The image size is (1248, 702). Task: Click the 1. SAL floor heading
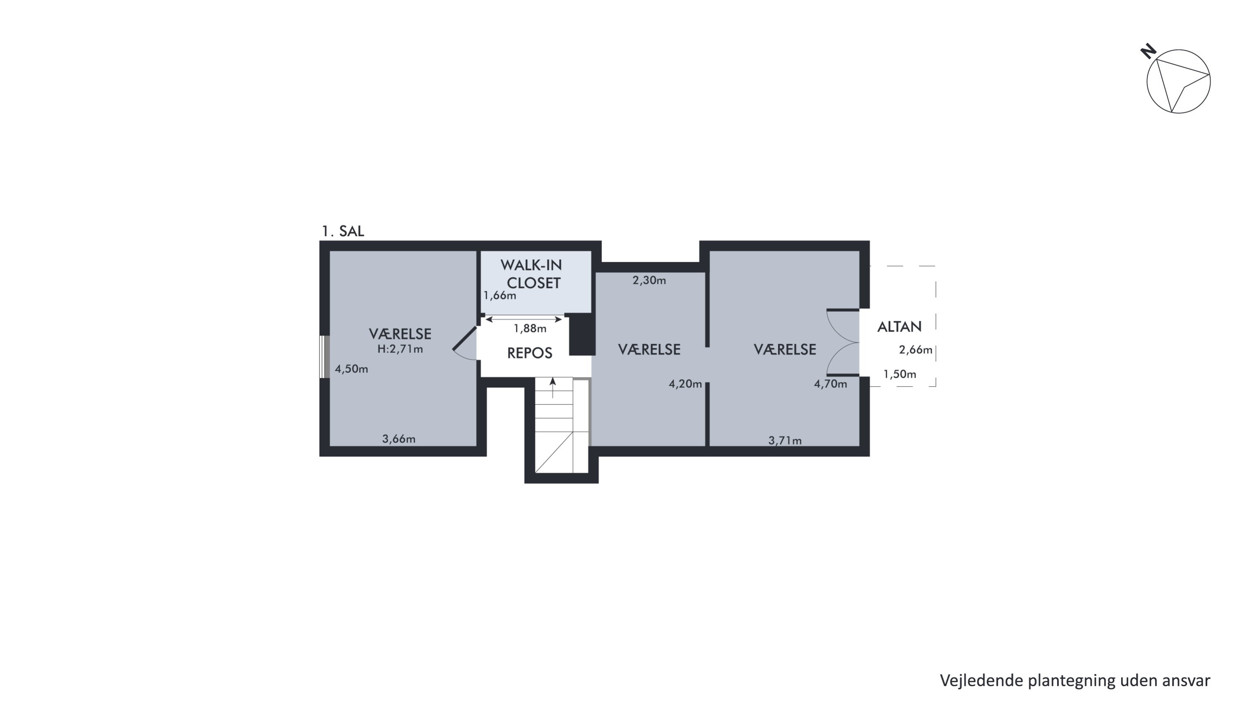pyautogui.click(x=342, y=231)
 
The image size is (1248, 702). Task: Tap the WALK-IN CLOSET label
pyautogui.click(x=532, y=274)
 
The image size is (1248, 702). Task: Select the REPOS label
pyautogui.click(x=530, y=353)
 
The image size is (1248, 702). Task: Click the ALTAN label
pyautogui.click(x=899, y=327)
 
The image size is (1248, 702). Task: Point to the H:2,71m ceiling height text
pyautogui.click(x=400, y=349)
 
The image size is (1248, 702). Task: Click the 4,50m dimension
pyautogui.click(x=351, y=369)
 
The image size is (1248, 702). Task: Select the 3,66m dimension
pyautogui.click(x=399, y=439)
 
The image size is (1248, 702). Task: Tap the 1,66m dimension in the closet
pyautogui.click(x=500, y=295)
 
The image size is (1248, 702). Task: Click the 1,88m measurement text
pyautogui.click(x=530, y=328)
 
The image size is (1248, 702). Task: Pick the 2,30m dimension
pyautogui.click(x=649, y=280)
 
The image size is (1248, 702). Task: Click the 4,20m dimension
pyautogui.click(x=685, y=384)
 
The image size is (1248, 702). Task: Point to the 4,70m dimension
pyautogui.click(x=830, y=384)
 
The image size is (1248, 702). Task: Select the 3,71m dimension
pyautogui.click(x=785, y=440)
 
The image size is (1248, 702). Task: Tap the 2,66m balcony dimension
pyautogui.click(x=916, y=350)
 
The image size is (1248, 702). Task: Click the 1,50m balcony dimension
pyautogui.click(x=900, y=374)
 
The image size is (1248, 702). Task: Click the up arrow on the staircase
pyautogui.click(x=553, y=387)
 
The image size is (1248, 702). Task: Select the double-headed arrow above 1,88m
pyautogui.click(x=524, y=319)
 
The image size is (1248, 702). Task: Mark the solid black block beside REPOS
pyautogui.click(x=582, y=334)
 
